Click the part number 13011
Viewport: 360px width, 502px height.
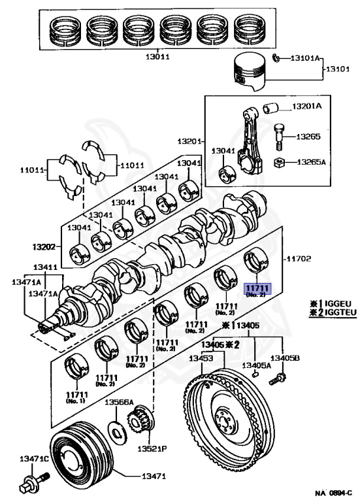tap(157, 57)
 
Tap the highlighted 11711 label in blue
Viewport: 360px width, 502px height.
tap(257, 288)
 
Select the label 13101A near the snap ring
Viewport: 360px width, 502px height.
tap(305, 58)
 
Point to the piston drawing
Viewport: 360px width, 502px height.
tap(250, 72)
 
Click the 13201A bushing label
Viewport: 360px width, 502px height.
tap(307, 106)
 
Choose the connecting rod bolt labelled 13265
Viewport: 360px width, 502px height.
tap(279, 137)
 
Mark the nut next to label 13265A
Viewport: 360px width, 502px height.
tap(280, 163)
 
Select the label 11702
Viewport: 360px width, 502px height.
tap(298, 258)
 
